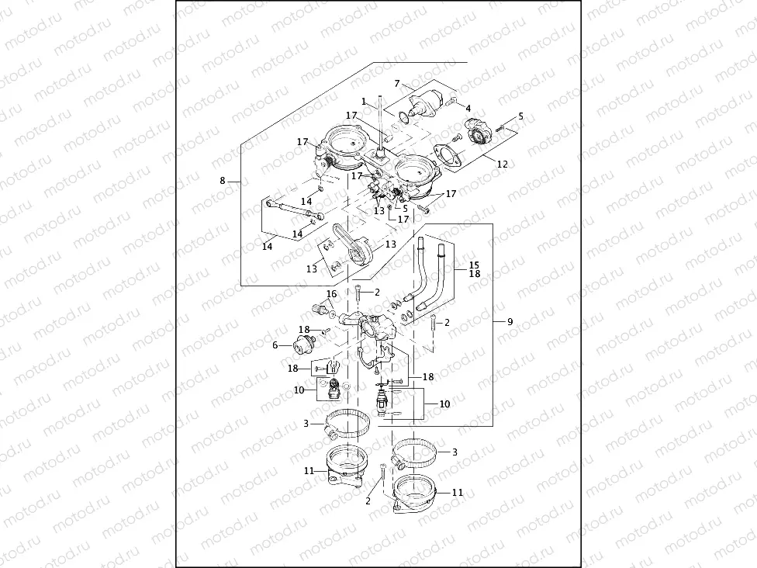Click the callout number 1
point(363,101)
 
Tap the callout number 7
point(396,83)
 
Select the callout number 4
point(468,108)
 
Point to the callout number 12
point(502,164)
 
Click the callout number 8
point(223,180)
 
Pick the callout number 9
point(510,321)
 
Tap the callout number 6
point(275,346)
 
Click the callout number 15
point(474,265)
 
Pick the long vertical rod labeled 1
point(382,124)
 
